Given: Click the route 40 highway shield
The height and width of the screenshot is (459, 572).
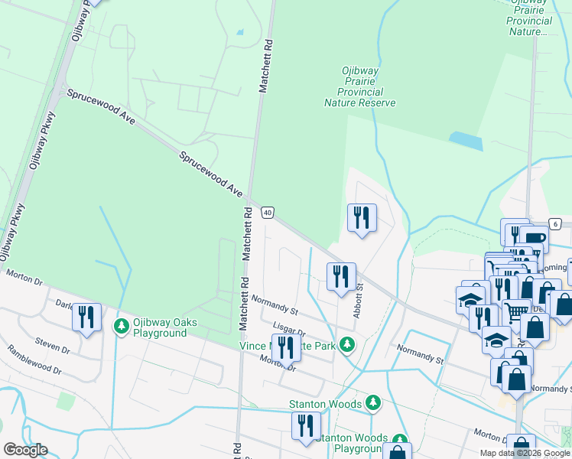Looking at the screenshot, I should pos(268,213).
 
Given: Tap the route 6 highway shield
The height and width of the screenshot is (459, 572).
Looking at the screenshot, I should pos(555,223).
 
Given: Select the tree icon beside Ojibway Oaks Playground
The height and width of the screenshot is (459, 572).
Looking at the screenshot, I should pos(121,327).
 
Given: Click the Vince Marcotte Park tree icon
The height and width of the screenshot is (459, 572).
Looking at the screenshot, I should pos(347,345).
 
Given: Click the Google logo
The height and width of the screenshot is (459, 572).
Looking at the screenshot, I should pos(25,450).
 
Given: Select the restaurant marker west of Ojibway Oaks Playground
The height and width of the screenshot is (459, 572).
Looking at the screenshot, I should pos(86,317).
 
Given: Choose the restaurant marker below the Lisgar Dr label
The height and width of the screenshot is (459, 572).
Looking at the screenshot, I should pos(285,348).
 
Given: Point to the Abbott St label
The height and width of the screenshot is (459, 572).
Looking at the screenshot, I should pos(357,301).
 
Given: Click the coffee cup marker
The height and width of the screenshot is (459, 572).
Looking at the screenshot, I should pos(534,239).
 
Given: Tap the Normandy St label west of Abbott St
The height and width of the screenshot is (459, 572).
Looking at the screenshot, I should pos(274,306).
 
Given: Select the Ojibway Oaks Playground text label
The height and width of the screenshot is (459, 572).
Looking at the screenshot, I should pos(160,327).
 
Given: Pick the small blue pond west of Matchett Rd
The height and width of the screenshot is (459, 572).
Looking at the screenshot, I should pos(240,32).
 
